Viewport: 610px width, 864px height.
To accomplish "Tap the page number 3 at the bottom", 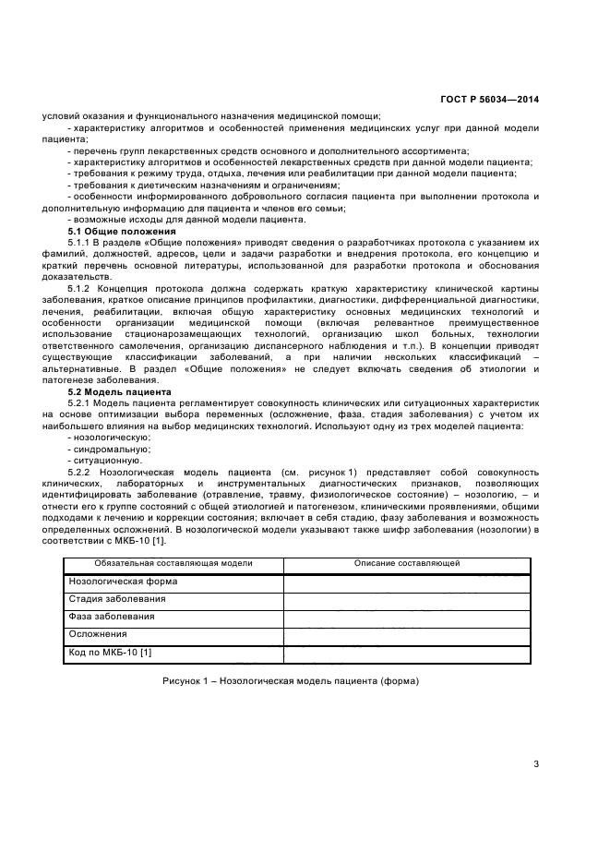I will pos(536,763).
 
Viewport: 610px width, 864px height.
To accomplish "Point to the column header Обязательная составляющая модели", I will pos(173,563).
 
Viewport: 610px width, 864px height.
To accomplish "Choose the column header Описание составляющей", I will pos(407,563).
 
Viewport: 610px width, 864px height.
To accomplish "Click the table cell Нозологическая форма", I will pos(123,582).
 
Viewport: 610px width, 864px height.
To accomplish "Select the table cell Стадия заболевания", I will pos(117,599).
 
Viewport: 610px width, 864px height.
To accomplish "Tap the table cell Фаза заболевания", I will pos(112,617).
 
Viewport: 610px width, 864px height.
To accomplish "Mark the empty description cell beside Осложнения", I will pos(407,635).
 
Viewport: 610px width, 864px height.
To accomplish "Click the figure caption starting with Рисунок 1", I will pos(291,681).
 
